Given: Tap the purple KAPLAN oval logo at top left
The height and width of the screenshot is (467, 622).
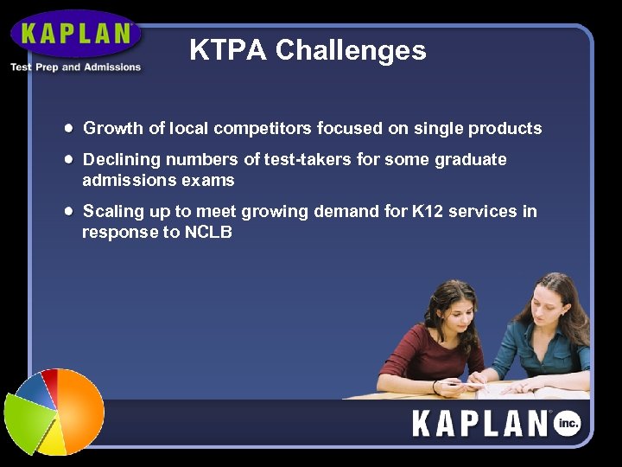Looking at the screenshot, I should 77,34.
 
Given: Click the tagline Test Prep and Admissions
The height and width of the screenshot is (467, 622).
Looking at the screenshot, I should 75,67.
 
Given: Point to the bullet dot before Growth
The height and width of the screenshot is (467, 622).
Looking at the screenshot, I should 67,127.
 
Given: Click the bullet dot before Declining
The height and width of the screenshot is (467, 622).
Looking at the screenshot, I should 67,159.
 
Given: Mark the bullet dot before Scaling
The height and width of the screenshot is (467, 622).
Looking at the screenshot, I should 67,210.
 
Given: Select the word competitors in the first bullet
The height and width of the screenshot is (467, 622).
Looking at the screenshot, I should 263,129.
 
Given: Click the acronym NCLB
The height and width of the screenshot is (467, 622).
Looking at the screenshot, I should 208,232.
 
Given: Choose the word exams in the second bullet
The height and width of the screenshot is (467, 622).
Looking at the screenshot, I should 207,180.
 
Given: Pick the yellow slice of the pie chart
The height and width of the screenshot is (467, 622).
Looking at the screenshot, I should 52,439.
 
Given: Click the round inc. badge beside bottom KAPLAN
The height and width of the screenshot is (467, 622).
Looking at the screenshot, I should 567,424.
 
